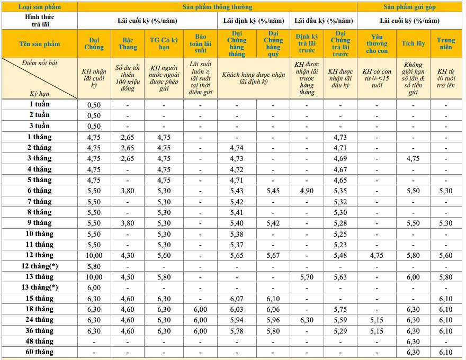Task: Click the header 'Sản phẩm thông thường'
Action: (x=217, y=7)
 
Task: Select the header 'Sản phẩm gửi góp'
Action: (x=410, y=7)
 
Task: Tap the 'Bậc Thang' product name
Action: (x=127, y=43)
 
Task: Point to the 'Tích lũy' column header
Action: (x=414, y=43)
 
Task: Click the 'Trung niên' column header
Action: (x=446, y=43)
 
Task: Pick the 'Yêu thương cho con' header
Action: (x=377, y=43)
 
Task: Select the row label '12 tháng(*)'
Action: (x=40, y=266)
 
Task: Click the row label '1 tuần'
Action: (x=40, y=104)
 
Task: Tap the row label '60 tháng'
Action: (x=40, y=352)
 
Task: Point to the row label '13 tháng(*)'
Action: (x=40, y=287)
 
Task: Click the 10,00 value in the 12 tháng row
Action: (x=94, y=255)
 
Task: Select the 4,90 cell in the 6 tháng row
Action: (x=307, y=191)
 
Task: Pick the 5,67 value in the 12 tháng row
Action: (x=273, y=255)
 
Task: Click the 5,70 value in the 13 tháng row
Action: (x=307, y=277)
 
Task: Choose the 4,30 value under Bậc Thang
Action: (x=127, y=255)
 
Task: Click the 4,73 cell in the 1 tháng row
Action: (x=340, y=137)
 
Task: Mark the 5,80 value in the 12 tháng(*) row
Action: (x=94, y=266)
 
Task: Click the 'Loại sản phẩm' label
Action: (x=40, y=7)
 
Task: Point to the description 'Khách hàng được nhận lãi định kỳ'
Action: (x=254, y=78)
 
